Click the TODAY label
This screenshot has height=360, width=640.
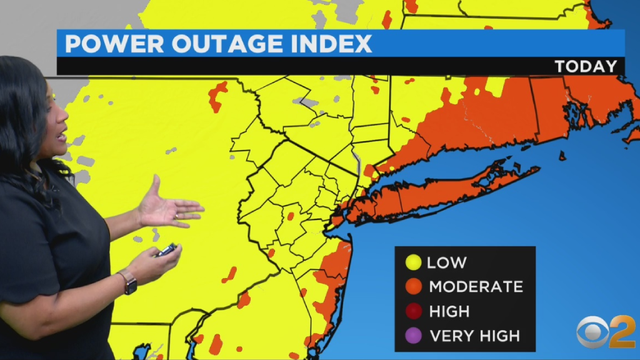coord(586,67)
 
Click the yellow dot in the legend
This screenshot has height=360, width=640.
coord(411,263)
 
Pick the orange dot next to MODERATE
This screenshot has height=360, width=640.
coord(411,287)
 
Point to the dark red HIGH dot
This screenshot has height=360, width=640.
coord(411,311)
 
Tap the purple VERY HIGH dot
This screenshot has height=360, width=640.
coord(411,335)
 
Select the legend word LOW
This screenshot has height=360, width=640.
coord(447,263)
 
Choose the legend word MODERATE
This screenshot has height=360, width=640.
coord(475,287)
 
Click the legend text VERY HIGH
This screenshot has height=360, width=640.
coord(473,335)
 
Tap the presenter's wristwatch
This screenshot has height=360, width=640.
coord(128,282)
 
